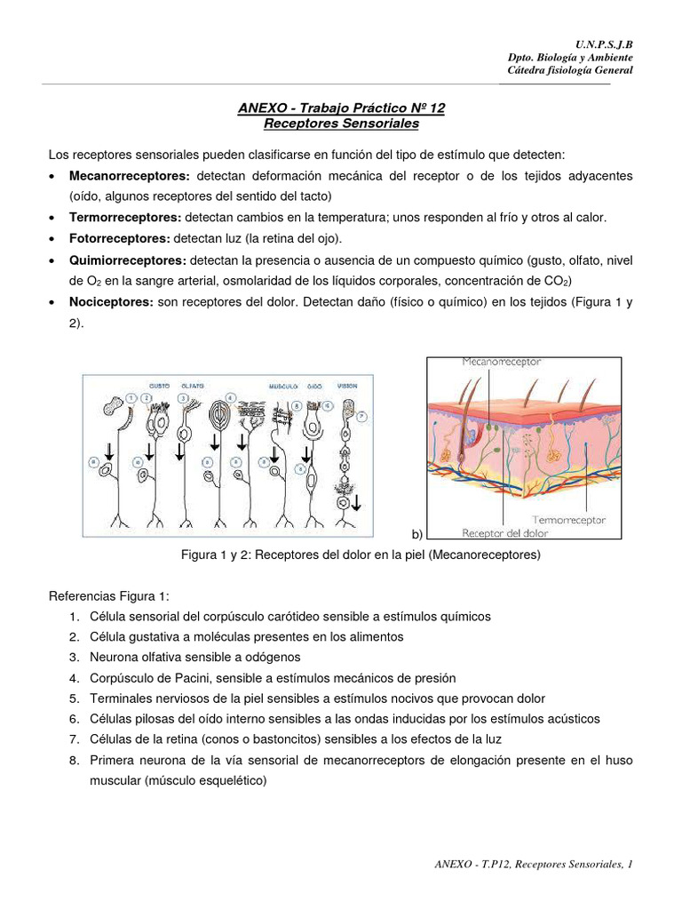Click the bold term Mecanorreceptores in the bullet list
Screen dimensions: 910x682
point(130,176)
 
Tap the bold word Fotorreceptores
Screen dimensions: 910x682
point(119,239)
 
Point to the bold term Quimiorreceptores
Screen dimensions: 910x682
point(128,260)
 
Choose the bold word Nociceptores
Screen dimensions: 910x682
point(111,303)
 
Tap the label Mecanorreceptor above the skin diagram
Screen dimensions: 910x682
point(502,362)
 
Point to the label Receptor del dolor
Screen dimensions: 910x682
point(505,533)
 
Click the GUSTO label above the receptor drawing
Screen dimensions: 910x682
point(159,386)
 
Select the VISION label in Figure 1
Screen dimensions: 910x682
point(348,386)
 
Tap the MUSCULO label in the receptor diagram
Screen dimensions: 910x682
point(284,386)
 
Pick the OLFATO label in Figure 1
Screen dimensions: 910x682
point(192,386)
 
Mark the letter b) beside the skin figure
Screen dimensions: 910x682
point(416,534)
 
